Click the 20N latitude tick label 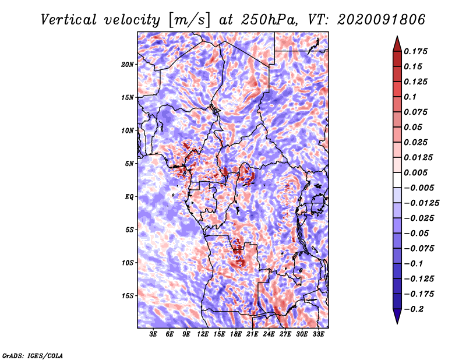pos(128,65)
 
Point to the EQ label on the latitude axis pos(129,197)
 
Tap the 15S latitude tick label pos(128,296)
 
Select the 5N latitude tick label pos(129,164)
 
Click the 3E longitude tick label pos(153,334)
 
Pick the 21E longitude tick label pos(252,334)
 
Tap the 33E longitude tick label pos(318,334)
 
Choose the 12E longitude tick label pos(203,334)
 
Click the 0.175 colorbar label pos(415,51)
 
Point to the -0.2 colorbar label pos(414,309)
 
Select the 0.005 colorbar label pos(415,172)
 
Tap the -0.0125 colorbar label pos(421,203)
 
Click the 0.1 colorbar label pos(410,97)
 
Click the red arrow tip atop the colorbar pos(397,36)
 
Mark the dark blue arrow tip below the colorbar pos(397,323)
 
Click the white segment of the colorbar pos(397,180)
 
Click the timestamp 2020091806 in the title pos(382,20)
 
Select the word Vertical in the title pos(69,20)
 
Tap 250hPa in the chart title pos(269,20)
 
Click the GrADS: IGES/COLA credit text pos(33,356)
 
